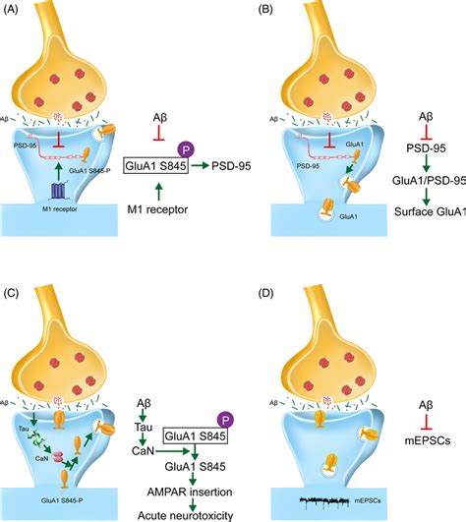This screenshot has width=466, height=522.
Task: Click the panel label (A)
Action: (18, 13)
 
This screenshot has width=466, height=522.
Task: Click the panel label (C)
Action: (18, 276)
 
